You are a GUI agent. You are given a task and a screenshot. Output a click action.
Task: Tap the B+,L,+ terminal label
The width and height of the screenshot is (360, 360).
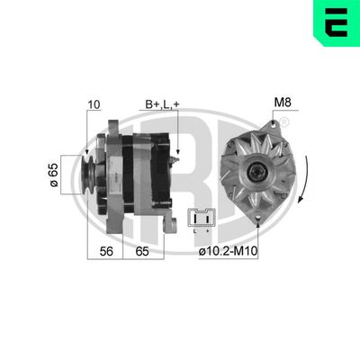163,104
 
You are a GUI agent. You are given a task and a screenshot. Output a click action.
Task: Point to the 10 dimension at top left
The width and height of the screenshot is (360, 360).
94,104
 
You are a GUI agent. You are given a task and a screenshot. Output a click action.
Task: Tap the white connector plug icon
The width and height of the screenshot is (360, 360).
202,218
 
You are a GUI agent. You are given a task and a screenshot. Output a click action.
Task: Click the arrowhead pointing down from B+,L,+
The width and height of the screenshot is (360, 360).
178,153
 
